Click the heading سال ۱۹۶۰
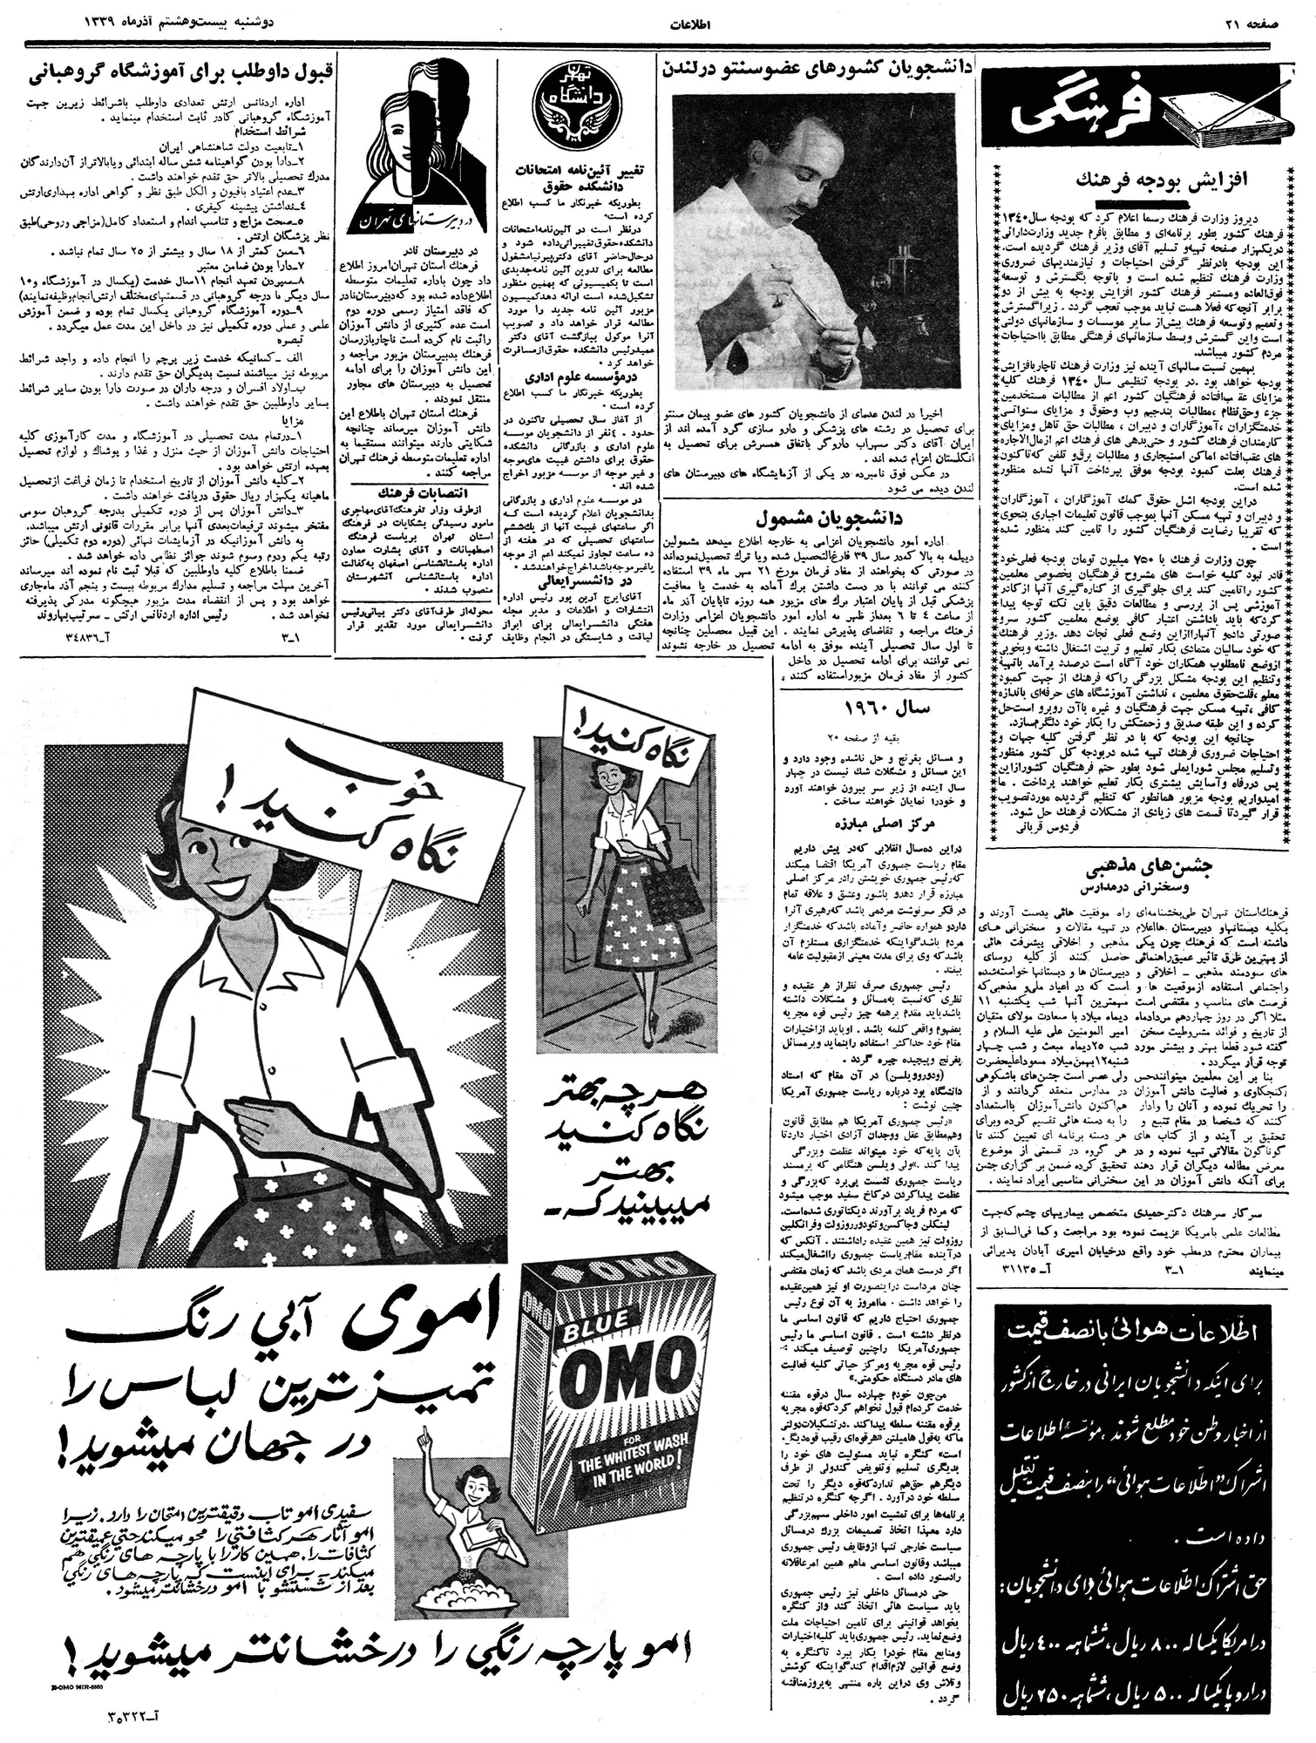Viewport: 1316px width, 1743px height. (875, 708)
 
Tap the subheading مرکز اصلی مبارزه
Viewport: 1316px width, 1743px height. (875, 822)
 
